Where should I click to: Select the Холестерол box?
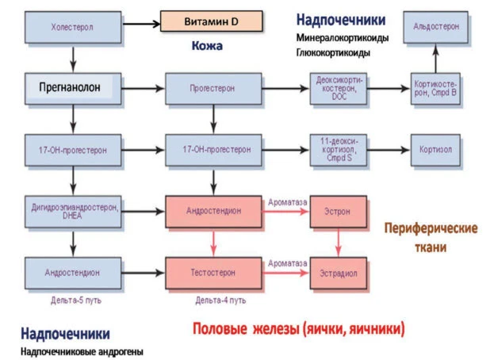pos(73,25)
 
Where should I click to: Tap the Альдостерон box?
pos(435,26)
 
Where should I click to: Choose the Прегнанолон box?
pos(73,87)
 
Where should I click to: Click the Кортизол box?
pos(435,148)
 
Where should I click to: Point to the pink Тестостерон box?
pos(212,270)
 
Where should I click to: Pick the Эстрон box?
pos(339,211)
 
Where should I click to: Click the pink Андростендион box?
pos(212,211)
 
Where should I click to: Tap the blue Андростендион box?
pos(73,270)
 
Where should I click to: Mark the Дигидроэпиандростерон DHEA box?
pos(73,211)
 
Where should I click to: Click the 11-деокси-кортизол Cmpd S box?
pos(339,148)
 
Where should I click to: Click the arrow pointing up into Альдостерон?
pos(435,56)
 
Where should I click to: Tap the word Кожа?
pos(206,47)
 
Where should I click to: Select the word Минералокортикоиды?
pos(343,38)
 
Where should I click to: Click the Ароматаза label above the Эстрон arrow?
pos(287,202)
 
